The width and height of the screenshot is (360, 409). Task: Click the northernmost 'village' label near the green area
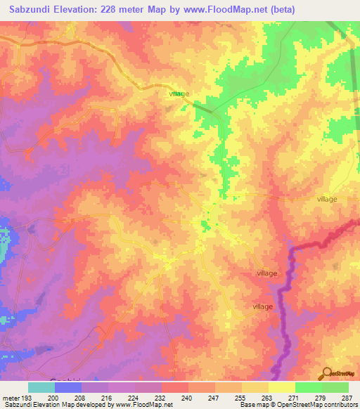click(x=179, y=93)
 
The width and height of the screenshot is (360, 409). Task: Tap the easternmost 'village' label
click(x=327, y=199)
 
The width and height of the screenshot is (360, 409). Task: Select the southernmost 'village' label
click(x=262, y=306)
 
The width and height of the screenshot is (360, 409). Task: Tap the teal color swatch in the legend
click(x=41, y=387)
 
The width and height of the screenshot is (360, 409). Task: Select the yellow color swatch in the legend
click(x=282, y=387)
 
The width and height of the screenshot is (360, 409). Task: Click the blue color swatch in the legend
click(x=68, y=387)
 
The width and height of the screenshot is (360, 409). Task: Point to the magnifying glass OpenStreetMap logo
click(x=326, y=375)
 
